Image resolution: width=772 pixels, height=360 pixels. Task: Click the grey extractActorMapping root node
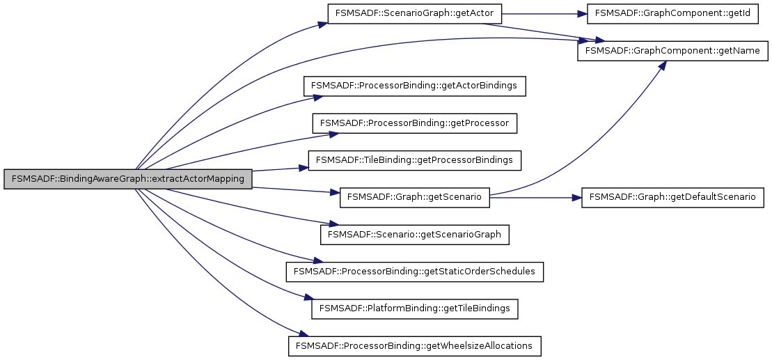click(127, 179)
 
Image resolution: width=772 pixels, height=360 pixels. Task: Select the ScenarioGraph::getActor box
click(414, 14)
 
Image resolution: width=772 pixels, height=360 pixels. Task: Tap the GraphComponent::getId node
click(663, 14)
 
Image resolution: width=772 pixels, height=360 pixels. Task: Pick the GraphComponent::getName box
click(672, 51)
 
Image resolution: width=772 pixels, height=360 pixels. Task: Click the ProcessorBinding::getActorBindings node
click(414, 86)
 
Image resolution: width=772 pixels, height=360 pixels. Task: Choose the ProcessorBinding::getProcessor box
click(414, 123)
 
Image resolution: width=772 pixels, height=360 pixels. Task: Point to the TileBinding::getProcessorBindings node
click(414, 160)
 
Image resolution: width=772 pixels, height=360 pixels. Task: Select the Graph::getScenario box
click(414, 197)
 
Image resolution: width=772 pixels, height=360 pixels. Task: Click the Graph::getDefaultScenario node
click(672, 197)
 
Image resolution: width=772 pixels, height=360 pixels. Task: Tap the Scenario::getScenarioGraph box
click(414, 235)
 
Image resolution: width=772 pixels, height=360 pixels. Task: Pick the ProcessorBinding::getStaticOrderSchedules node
click(414, 272)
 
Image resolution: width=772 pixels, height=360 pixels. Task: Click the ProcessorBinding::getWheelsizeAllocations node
click(414, 345)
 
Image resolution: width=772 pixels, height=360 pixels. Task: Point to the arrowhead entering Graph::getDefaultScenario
click(576, 197)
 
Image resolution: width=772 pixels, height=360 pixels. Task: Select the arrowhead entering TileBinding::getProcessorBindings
click(304, 167)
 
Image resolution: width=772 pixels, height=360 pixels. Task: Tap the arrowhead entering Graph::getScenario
click(334, 192)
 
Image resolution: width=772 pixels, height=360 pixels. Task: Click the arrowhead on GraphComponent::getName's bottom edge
click(662, 65)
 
